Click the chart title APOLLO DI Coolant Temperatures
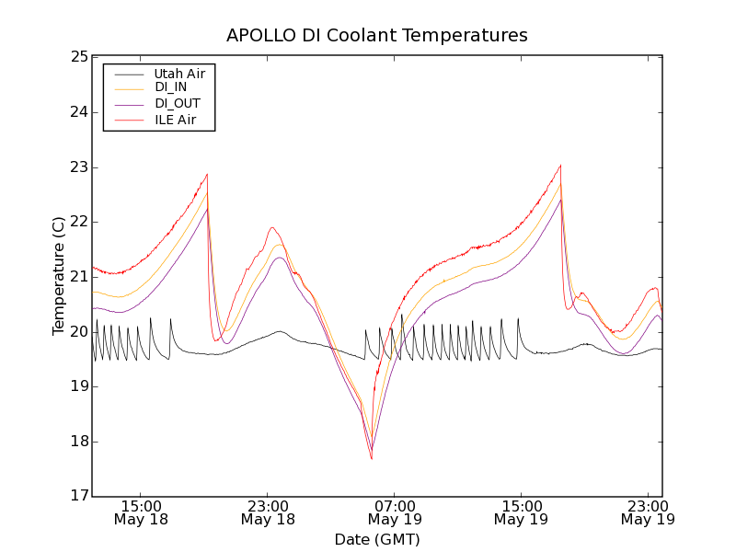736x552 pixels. click(x=377, y=36)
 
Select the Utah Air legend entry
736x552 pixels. click(x=179, y=73)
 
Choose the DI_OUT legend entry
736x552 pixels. click(x=178, y=104)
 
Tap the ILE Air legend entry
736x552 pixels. click(x=175, y=120)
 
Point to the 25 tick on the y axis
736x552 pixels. click(x=78, y=57)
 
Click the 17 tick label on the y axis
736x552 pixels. click(x=78, y=497)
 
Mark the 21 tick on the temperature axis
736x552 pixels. click(x=78, y=277)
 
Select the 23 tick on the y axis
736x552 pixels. click(x=78, y=167)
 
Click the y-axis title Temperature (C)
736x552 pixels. click(x=59, y=276)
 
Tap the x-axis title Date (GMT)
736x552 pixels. click(x=377, y=539)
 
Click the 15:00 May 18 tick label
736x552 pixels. click(x=142, y=512)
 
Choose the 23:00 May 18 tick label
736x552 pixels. click(x=269, y=512)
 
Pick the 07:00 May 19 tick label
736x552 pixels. click(x=395, y=512)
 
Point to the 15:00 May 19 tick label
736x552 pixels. click(x=522, y=512)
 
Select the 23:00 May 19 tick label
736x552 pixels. click(x=648, y=512)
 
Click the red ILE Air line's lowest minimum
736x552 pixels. click(x=372, y=458)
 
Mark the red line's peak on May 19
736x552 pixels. click(x=560, y=166)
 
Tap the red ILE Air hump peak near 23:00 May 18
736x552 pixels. click(x=272, y=227)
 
